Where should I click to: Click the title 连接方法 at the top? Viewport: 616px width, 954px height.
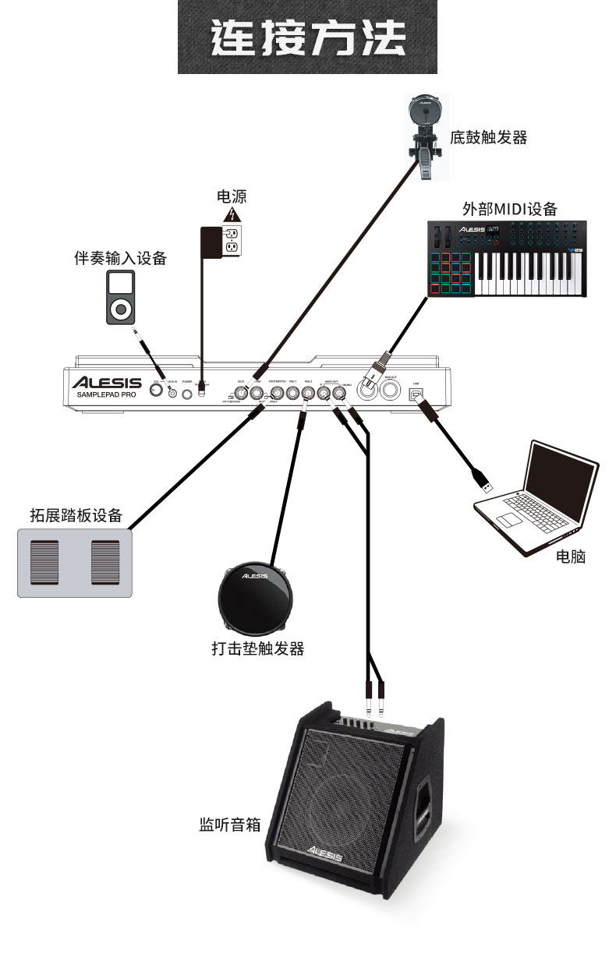(x=307, y=37)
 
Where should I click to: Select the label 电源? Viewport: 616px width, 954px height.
(x=232, y=197)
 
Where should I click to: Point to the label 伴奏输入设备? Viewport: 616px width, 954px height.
(x=120, y=259)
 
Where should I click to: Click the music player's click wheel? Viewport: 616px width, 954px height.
(x=120, y=310)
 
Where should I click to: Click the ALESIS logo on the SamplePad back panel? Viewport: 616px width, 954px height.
(x=107, y=383)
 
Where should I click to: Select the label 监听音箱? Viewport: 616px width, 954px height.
(x=230, y=824)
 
